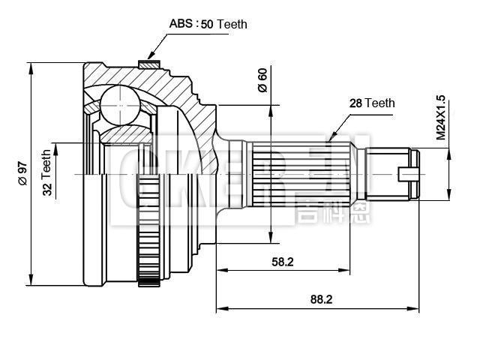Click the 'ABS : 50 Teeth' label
(x=208, y=24)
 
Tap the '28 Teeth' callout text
(x=372, y=103)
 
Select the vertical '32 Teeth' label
(x=46, y=172)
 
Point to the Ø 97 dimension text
(x=22, y=174)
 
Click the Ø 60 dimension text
(x=262, y=79)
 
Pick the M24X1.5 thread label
(x=440, y=118)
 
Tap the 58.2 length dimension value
(x=283, y=261)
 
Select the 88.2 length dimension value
(x=320, y=298)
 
